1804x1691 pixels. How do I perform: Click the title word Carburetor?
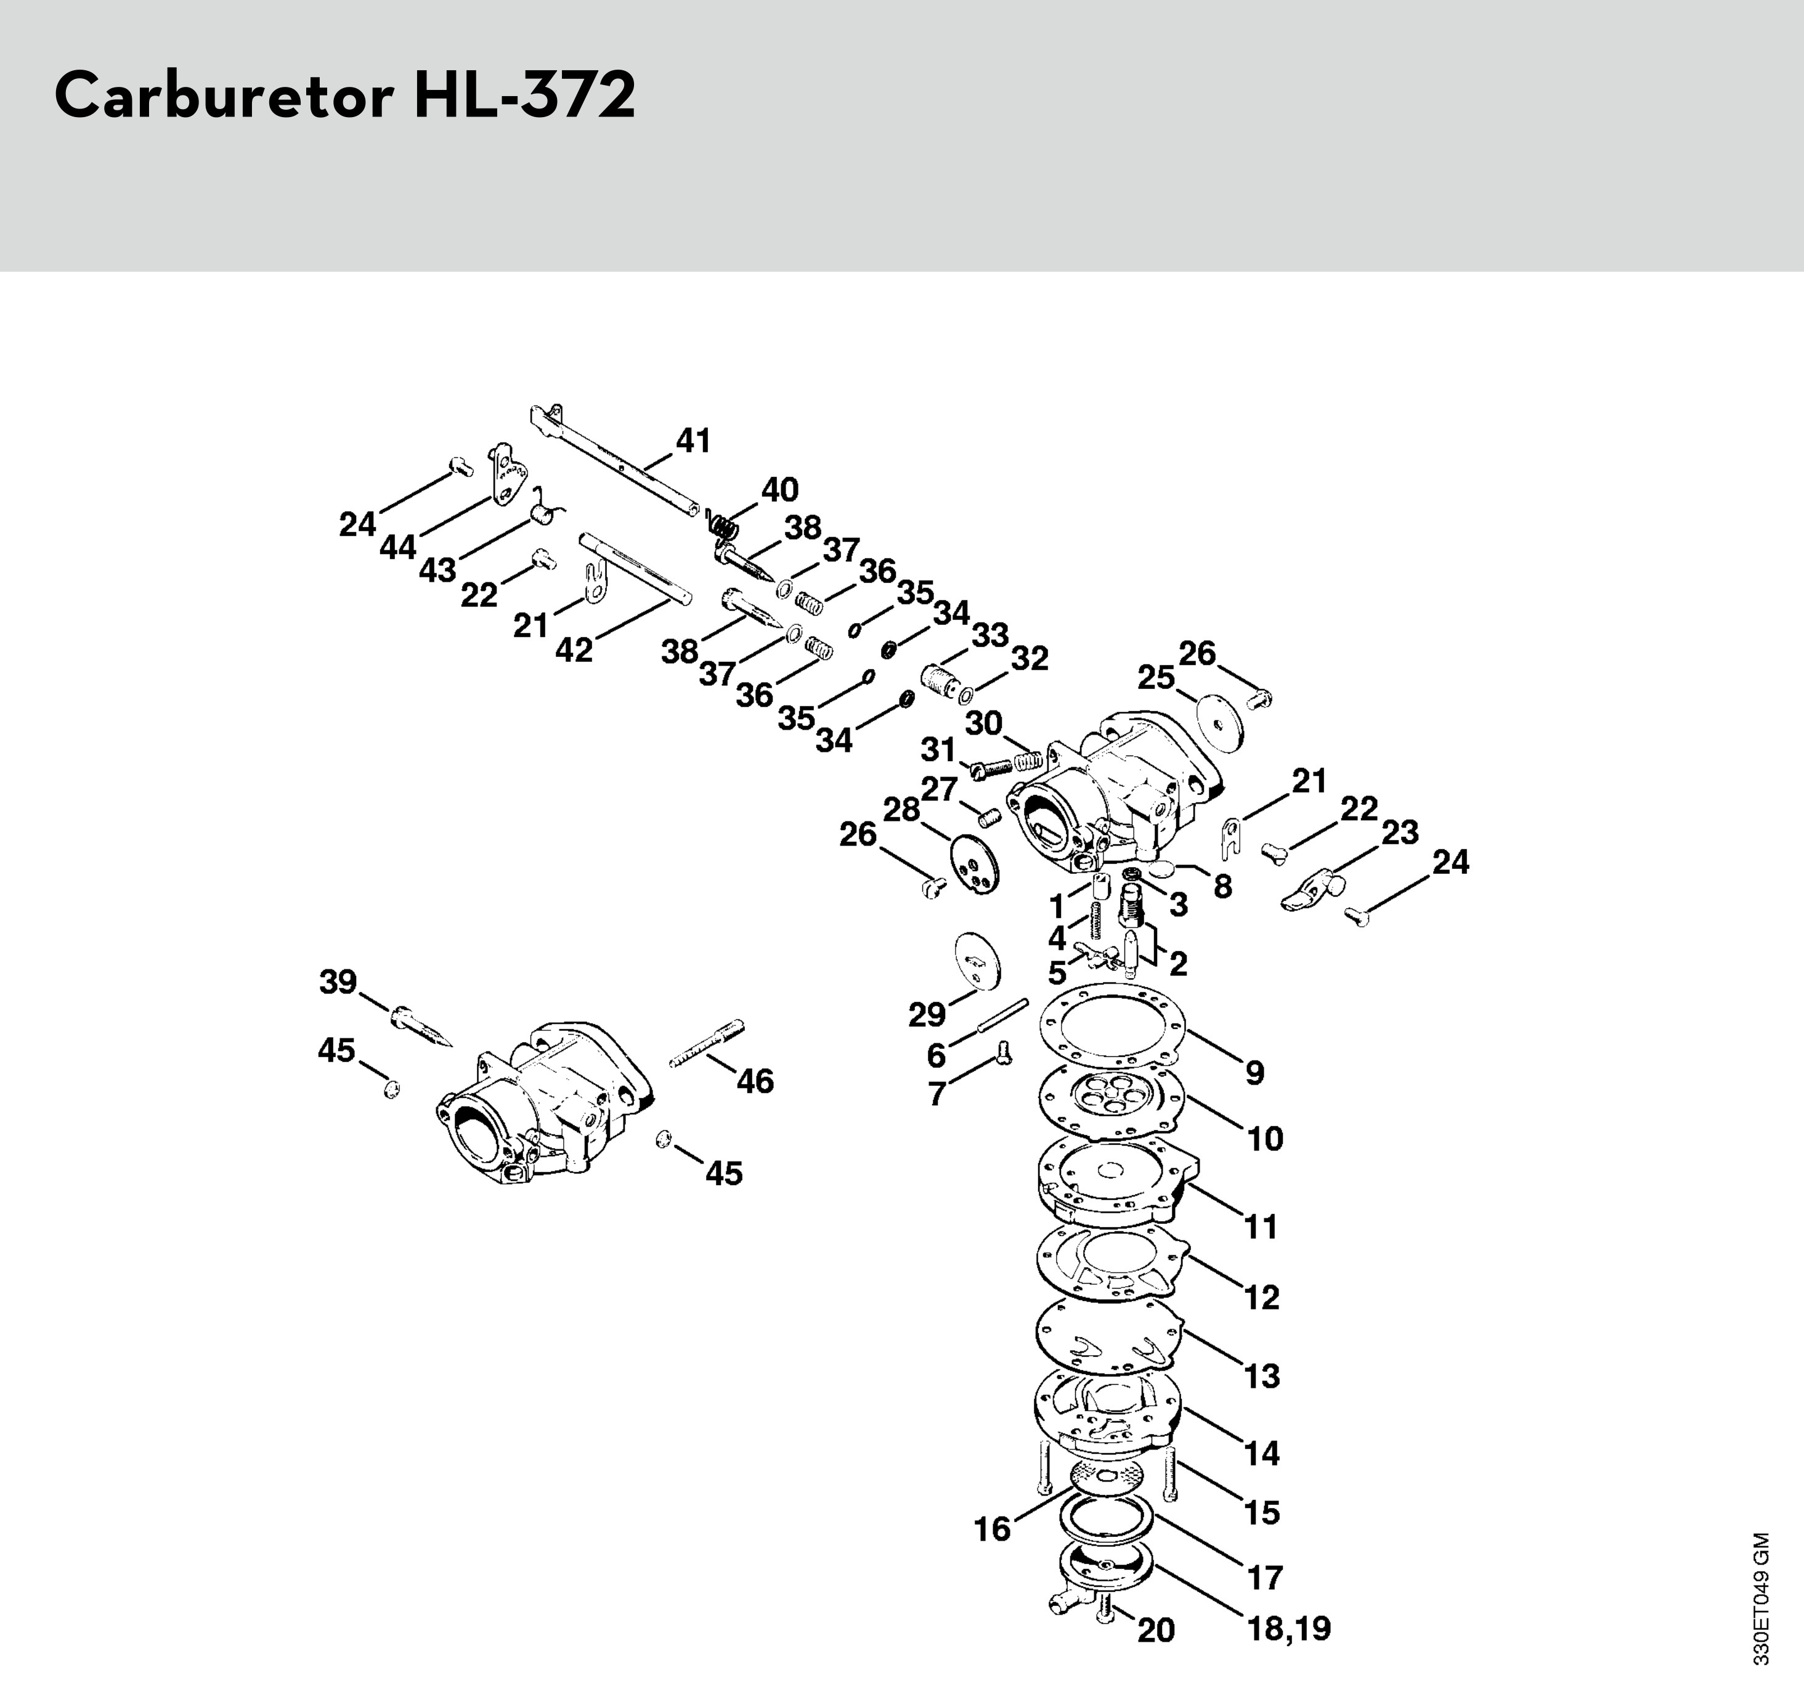(223, 96)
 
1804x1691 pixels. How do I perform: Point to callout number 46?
(755, 1080)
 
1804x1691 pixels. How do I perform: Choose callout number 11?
(1261, 1226)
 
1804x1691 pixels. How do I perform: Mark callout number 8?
(1222, 886)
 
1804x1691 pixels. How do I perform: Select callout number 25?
(1156, 677)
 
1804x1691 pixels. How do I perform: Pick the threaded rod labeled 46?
(709, 1044)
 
